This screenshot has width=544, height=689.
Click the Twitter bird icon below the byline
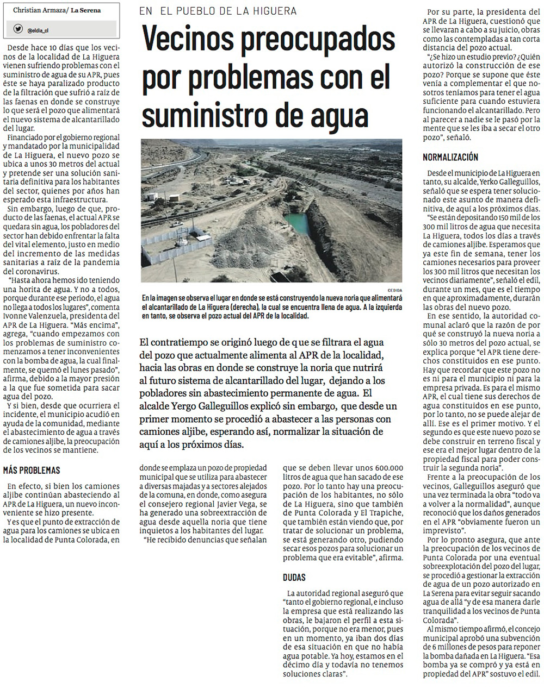pyautogui.click(x=18, y=29)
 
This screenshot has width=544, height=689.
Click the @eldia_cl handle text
pyautogui.click(x=38, y=30)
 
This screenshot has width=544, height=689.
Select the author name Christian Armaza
pyautogui.click(x=38, y=10)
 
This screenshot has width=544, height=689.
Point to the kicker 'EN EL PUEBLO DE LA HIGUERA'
pyautogui.click(x=218, y=11)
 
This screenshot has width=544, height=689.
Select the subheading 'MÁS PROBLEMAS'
pyautogui.click(x=32, y=470)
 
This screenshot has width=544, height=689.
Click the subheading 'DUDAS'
pyautogui.click(x=294, y=577)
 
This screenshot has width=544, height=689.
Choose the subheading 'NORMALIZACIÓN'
pyautogui.click(x=450, y=157)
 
